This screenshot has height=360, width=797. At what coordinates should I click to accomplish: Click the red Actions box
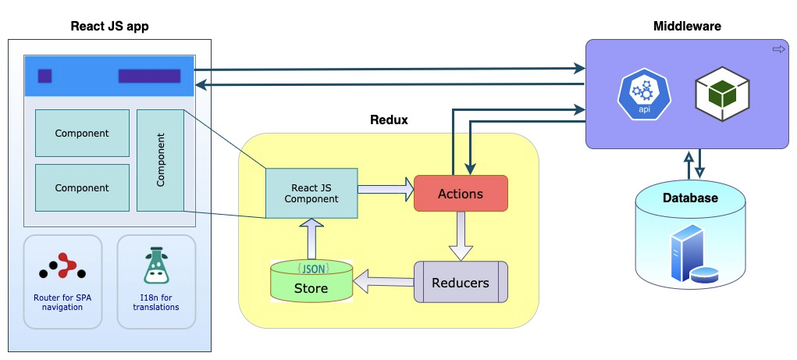(461, 193)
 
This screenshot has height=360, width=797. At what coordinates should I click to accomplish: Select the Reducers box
(461, 282)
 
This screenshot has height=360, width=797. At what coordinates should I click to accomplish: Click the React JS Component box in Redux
(311, 193)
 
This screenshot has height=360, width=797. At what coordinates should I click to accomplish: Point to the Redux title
(388, 120)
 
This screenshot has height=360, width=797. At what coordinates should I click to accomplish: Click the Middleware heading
(686, 27)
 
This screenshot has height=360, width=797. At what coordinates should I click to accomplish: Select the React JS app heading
(109, 27)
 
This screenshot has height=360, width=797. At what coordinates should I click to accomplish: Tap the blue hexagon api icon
(644, 94)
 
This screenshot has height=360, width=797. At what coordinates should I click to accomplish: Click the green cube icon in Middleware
(722, 94)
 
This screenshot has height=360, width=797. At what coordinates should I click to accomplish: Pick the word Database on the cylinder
(690, 198)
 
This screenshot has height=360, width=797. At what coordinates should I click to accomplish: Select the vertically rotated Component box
(160, 160)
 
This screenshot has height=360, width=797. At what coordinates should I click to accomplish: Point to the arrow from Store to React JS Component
(311, 238)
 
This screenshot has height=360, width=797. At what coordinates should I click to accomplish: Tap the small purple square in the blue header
(45, 76)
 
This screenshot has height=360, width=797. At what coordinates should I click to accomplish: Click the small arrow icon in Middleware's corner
(777, 49)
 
